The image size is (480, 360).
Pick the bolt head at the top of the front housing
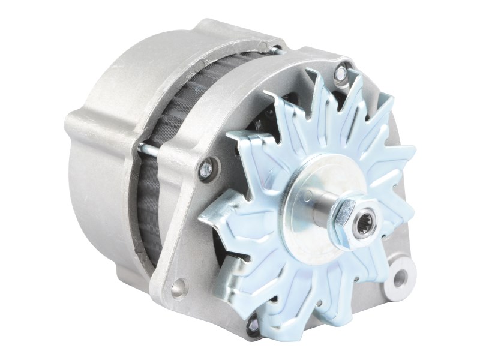pyautogui.click(x=341, y=73)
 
